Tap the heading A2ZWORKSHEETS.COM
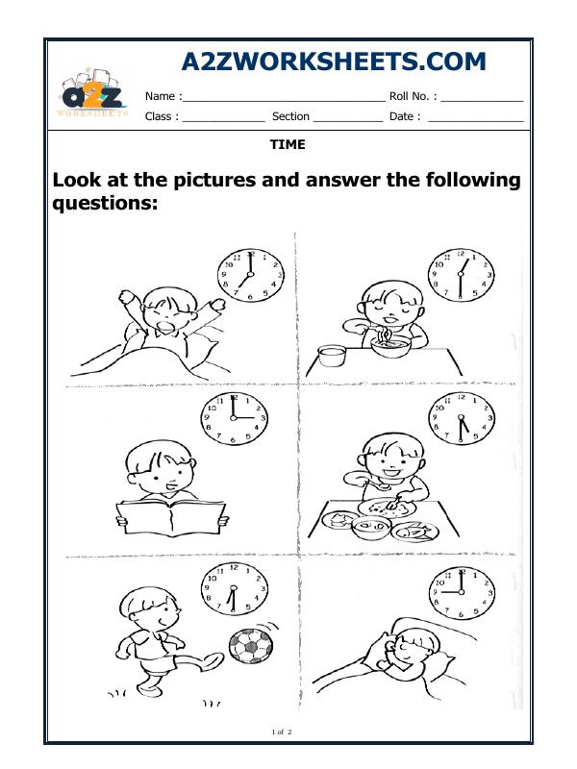coord(334,62)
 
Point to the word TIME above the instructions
coord(288,144)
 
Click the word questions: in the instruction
coord(104,205)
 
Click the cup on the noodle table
coord(332,356)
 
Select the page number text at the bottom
coord(283,733)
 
